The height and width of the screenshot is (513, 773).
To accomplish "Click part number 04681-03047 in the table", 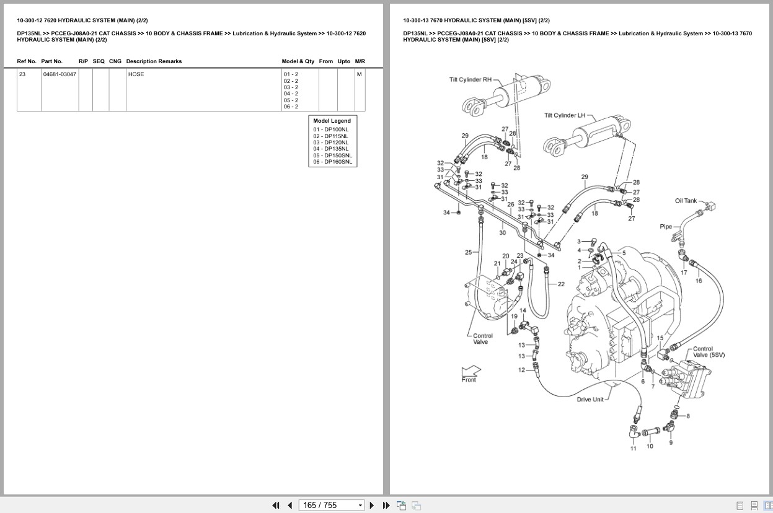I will pyautogui.click(x=60, y=74).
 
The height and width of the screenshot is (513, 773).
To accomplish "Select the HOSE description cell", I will pyautogui.click(x=136, y=74).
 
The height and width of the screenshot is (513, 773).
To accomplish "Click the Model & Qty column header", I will pyautogui.click(x=298, y=61).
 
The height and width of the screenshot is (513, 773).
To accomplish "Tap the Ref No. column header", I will pyautogui.click(x=27, y=61).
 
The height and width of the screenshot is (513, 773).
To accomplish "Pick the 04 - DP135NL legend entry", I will pyautogui.click(x=330, y=149).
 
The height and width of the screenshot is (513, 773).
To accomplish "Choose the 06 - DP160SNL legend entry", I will pyautogui.click(x=332, y=162).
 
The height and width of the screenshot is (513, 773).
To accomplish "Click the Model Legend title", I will pyautogui.click(x=332, y=121).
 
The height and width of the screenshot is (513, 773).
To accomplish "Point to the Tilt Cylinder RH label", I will pyautogui.click(x=470, y=79).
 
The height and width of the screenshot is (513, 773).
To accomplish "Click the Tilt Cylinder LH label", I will pyautogui.click(x=564, y=115).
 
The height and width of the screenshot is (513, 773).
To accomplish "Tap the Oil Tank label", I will pyautogui.click(x=686, y=201).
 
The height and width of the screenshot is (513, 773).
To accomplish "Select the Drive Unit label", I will pyautogui.click(x=590, y=400).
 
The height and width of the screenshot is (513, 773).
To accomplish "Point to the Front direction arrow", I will pyautogui.click(x=470, y=372).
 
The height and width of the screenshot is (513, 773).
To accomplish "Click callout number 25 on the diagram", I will pyautogui.click(x=469, y=252).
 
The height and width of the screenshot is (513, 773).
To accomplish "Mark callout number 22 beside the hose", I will pyautogui.click(x=561, y=284).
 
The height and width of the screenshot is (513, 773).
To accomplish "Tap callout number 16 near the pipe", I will pyautogui.click(x=699, y=281).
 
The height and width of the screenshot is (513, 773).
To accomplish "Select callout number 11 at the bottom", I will pyautogui.click(x=633, y=449).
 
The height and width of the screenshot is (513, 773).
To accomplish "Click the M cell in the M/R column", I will pyautogui.click(x=359, y=74).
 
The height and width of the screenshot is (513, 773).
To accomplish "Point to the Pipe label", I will pyautogui.click(x=665, y=227).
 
